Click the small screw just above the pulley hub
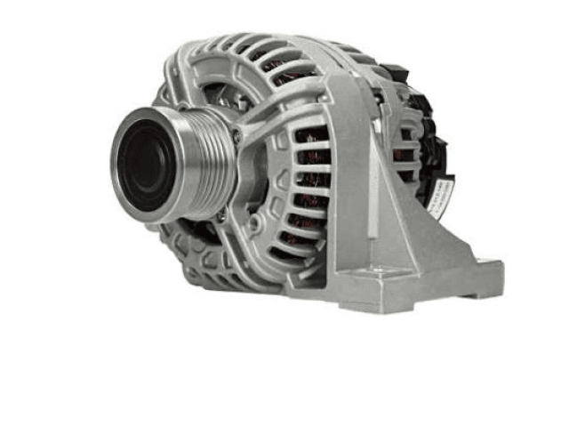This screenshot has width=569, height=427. click(x=236, y=134)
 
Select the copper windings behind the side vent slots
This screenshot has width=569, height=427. click(x=311, y=178)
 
